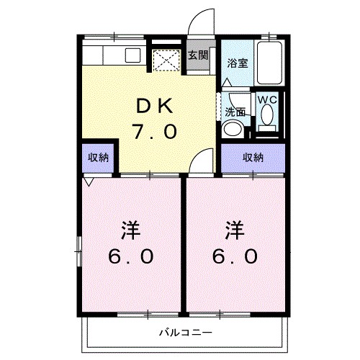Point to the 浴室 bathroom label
237,63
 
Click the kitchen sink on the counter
134,54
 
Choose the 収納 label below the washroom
252,158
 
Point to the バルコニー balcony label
184,333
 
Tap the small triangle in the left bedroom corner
88,181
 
